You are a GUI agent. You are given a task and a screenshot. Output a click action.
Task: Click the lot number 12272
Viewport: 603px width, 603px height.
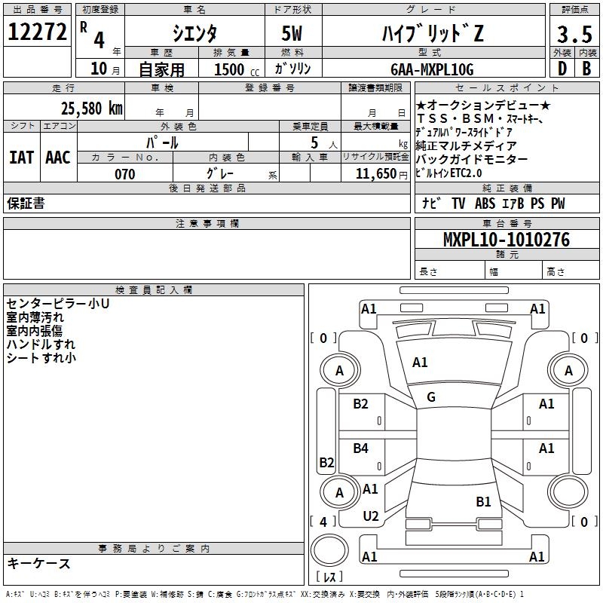tap(37, 32)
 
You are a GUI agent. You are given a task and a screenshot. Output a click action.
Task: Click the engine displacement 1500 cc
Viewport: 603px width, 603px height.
tap(234, 69)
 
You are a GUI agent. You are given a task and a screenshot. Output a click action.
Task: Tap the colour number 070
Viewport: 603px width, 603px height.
tap(125, 174)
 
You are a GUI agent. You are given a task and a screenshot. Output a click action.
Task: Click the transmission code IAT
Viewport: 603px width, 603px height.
tap(21, 157)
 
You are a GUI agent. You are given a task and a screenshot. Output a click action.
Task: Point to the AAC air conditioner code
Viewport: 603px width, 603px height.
tap(58, 157)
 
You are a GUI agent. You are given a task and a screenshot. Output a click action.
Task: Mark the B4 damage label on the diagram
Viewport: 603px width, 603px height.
tap(361, 448)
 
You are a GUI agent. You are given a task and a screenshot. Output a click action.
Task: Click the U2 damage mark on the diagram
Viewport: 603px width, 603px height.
tap(370, 516)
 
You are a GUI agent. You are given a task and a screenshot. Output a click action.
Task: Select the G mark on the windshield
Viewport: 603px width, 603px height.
tap(431, 397)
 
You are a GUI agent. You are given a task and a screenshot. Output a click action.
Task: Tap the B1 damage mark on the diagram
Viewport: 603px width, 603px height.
tap(483, 501)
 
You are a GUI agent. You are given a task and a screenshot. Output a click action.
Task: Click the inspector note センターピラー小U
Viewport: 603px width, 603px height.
tap(57, 304)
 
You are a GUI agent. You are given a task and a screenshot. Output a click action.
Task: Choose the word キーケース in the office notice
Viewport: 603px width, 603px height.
tap(38, 563)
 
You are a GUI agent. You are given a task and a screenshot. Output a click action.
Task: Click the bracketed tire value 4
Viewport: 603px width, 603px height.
tap(323, 521)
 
